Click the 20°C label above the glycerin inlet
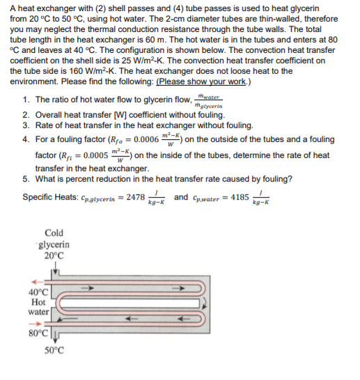coord(54,255)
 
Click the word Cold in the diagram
coord(54,232)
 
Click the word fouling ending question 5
coord(275,178)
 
